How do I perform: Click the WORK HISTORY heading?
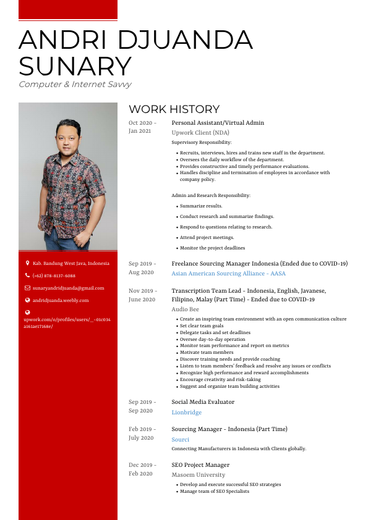(174, 109)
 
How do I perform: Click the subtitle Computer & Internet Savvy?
(75, 85)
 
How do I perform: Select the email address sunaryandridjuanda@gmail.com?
(68, 288)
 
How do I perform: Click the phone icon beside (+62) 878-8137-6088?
(27, 275)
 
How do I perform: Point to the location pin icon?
(27, 263)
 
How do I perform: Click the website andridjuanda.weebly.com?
(61, 300)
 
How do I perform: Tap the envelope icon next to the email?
(27, 288)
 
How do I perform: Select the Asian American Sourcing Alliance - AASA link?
(228, 274)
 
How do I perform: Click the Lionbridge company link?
(187, 412)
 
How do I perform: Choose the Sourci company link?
(180, 439)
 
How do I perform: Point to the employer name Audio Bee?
(185, 309)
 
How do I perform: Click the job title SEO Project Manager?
(200, 465)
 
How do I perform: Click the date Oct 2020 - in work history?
(142, 123)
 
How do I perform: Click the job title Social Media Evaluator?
(203, 402)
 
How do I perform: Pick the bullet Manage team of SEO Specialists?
(214, 492)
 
